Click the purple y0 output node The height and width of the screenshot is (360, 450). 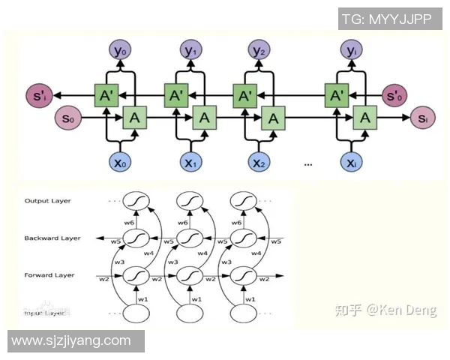pos(121,51)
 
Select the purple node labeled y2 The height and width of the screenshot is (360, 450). pos(259,51)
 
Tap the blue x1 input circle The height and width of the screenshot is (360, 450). pos(190,162)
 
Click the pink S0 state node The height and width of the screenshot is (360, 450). pos(68,118)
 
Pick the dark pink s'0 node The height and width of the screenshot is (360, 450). pos(394,95)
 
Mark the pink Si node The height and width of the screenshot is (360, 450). pos(422,118)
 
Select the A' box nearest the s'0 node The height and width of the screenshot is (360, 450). pos(337,95)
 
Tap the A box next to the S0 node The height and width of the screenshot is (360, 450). pos(133,118)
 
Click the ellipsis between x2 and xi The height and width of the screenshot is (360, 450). pos(307,164)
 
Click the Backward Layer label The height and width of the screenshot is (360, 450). pos(52,238)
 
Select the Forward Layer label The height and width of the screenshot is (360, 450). pos(49,275)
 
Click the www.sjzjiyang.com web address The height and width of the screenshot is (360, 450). pos(71,341)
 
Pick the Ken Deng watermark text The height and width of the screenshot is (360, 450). pos(385,310)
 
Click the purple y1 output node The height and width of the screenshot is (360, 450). pos(190,51)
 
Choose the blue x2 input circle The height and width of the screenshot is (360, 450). pos(259,162)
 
